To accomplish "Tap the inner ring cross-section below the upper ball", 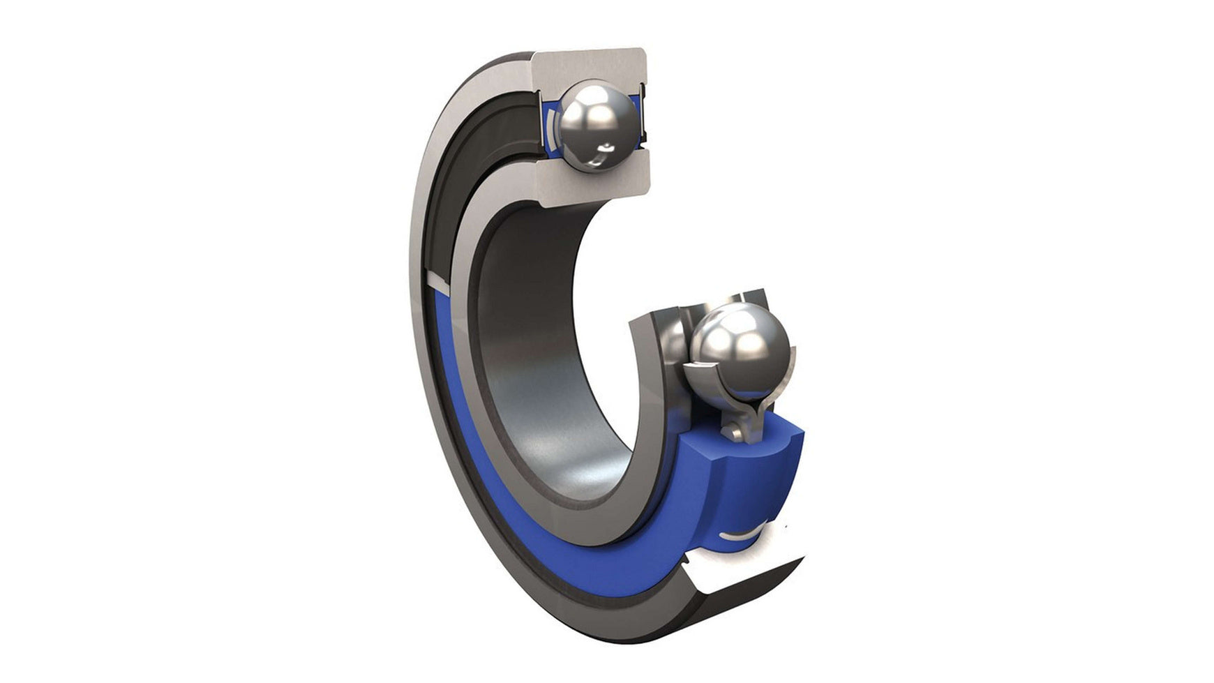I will coord(593,183).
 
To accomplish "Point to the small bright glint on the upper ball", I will coord(608,146).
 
